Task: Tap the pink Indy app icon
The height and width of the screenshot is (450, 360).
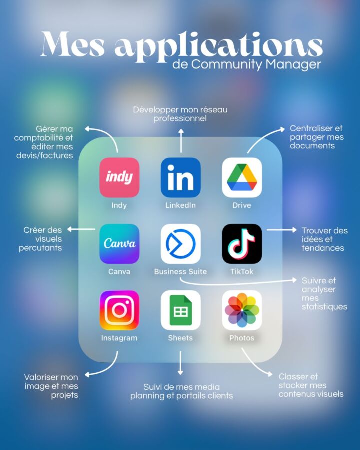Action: pyautogui.click(x=119, y=177)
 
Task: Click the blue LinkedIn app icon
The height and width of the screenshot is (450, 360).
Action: pyautogui.click(x=181, y=177)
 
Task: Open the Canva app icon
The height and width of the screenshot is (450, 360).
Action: pyautogui.click(x=119, y=244)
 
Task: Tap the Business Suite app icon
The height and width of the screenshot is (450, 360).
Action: pyautogui.click(x=181, y=244)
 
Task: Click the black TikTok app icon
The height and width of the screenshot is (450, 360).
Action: pyautogui.click(x=242, y=244)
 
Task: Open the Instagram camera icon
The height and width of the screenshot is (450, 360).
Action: pyautogui.click(x=119, y=310)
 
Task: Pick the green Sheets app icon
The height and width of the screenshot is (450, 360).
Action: pyautogui.click(x=181, y=310)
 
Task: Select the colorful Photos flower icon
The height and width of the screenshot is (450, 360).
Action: pyautogui.click(x=242, y=310)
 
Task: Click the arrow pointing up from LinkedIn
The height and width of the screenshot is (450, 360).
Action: pyautogui.click(x=181, y=141)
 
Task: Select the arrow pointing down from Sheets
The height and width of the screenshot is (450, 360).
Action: pyautogui.click(x=180, y=363)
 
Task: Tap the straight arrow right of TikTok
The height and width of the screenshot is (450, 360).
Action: pyautogui.click(x=281, y=230)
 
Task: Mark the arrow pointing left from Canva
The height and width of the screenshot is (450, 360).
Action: pyautogui.click(x=81, y=229)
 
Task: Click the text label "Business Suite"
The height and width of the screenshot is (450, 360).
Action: pyautogui.click(x=180, y=272)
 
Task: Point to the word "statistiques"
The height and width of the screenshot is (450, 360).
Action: pyautogui.click(x=324, y=307)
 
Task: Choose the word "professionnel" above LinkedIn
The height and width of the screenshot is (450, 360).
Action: pyautogui.click(x=180, y=118)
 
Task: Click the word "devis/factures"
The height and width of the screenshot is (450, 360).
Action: pyautogui.click(x=45, y=156)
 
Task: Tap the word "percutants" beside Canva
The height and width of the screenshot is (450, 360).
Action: pyautogui.click(x=40, y=248)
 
